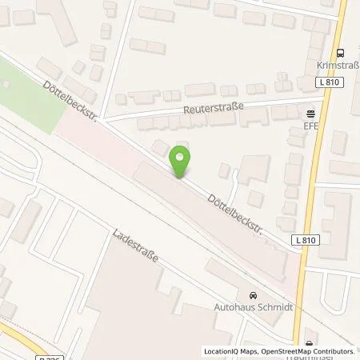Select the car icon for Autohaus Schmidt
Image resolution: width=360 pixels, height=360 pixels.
[x=254, y=294]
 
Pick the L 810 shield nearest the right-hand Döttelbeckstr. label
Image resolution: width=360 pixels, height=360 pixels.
[x=302, y=240]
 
